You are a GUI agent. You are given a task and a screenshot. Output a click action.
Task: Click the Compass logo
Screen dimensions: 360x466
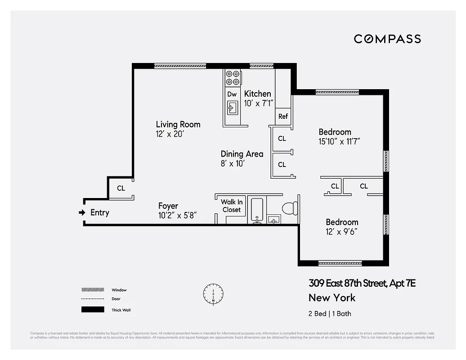click(387, 39)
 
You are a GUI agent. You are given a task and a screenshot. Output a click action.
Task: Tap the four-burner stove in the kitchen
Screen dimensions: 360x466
click(233, 77)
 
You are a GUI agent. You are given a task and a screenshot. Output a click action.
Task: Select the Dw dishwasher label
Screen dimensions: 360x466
click(232, 94)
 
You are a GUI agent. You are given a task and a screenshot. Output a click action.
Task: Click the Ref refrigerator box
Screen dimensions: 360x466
click(283, 116)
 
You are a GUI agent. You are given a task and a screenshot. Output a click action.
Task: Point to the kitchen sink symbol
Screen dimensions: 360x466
click(233, 108)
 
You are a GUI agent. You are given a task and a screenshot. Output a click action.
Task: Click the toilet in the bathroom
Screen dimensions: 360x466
click(289, 208)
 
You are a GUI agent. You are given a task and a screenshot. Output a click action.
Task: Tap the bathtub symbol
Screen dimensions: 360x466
click(257, 210)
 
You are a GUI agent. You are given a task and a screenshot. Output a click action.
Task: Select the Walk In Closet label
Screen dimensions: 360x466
click(231, 206)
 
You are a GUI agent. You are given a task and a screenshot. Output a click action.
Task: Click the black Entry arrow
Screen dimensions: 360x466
click(82, 212)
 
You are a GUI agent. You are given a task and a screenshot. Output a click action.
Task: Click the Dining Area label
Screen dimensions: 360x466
click(242, 154)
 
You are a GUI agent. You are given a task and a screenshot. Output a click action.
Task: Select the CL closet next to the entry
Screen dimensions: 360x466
click(121, 188)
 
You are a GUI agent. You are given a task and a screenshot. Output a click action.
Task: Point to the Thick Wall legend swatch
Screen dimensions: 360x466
click(92, 310)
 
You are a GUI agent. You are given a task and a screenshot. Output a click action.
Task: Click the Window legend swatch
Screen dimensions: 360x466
click(92, 290)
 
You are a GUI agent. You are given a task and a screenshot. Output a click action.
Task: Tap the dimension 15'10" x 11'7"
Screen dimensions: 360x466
click(340, 141)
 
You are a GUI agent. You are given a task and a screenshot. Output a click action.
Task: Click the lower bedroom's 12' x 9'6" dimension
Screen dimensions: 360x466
click(342, 232)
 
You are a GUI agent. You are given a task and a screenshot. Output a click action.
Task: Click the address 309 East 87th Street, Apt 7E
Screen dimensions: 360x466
click(362, 283)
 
